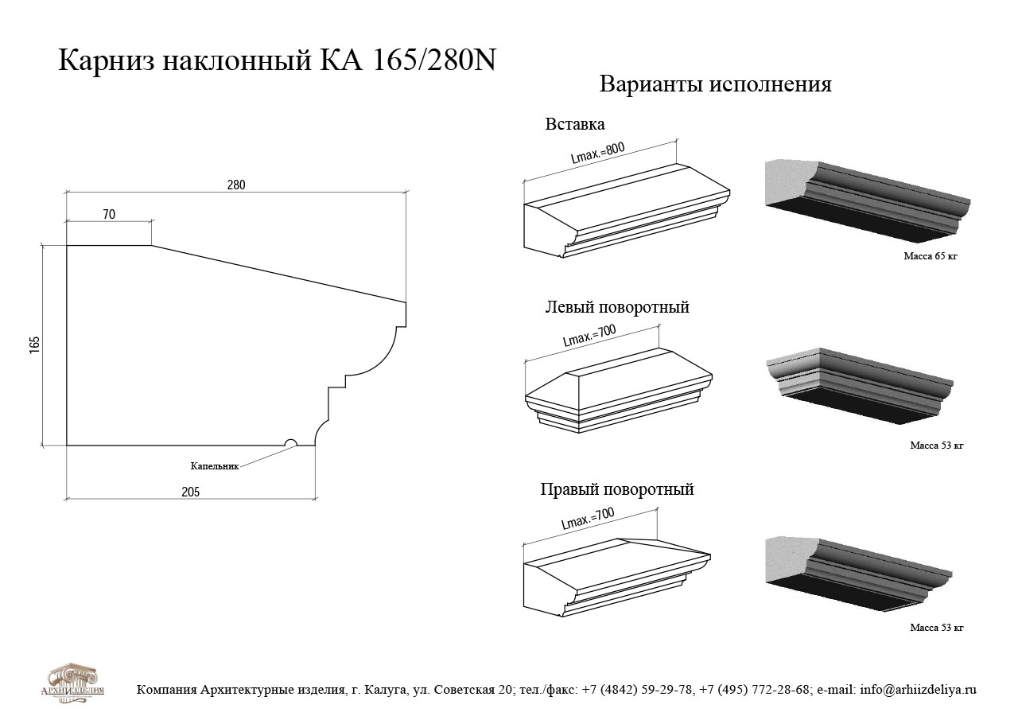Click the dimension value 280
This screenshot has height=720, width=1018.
pyautogui.click(x=236, y=185)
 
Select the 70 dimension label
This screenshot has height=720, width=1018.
pyautogui.click(x=109, y=214)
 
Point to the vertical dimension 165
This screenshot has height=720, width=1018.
pyautogui.click(x=34, y=345)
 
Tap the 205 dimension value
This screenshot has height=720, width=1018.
pyautogui.click(x=190, y=492)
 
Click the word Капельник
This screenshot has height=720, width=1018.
pyautogui.click(x=215, y=466)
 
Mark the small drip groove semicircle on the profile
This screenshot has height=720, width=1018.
pyautogui.click(x=290, y=442)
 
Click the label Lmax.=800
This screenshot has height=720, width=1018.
pyautogui.click(x=597, y=153)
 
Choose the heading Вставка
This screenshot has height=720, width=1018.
pyautogui.click(x=575, y=124)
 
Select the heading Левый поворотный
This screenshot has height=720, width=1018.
pyautogui.click(x=617, y=307)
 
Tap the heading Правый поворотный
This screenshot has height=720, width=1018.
pyautogui.click(x=616, y=489)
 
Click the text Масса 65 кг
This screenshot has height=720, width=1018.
pyautogui.click(x=931, y=256)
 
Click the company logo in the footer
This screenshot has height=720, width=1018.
pyautogui.click(x=72, y=683)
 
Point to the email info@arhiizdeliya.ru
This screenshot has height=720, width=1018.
pyautogui.click(x=918, y=690)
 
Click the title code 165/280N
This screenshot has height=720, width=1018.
pyautogui.click(x=434, y=60)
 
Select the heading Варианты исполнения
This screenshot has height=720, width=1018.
pyautogui.click(x=715, y=84)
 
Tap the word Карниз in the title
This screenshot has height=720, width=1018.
pyautogui.click(x=107, y=61)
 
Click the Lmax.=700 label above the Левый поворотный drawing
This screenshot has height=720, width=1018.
pyautogui.click(x=589, y=336)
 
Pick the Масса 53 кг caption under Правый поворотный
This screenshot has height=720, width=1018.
pyautogui.click(x=937, y=627)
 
